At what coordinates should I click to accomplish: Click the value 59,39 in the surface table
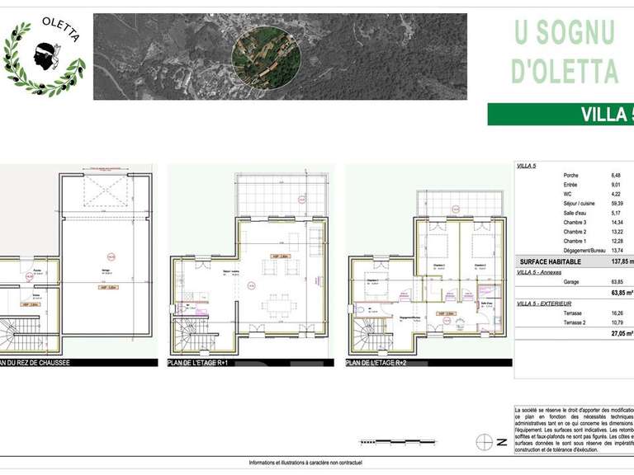coord(616,203)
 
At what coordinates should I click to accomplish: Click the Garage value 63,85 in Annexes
coord(616,281)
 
